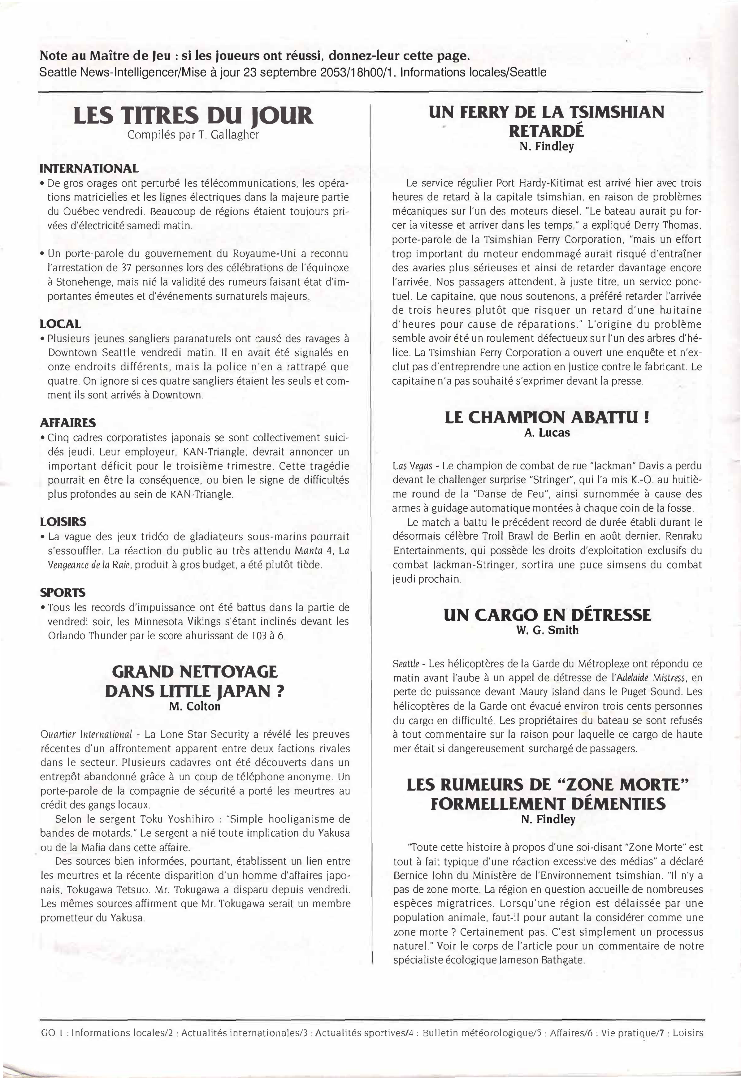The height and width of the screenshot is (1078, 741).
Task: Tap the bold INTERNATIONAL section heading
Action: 89,168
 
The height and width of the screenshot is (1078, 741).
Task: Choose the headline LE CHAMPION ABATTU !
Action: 547,418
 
